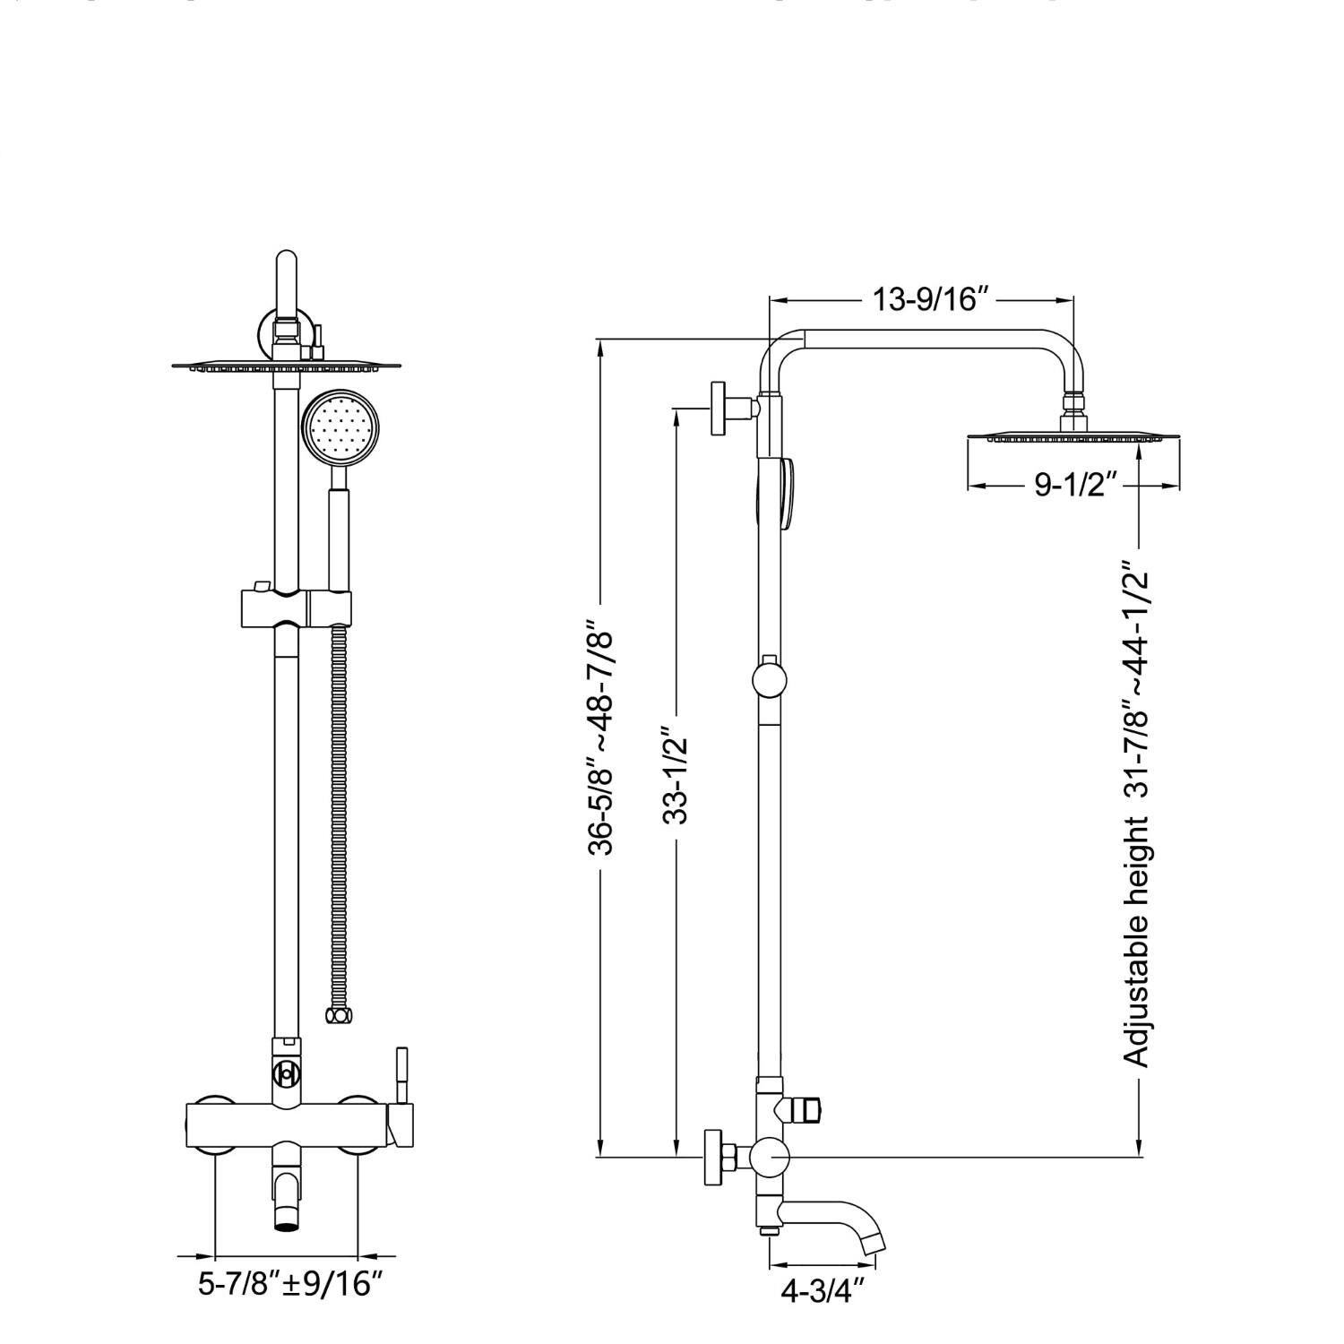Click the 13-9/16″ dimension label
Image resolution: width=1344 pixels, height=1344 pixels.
pos(923,299)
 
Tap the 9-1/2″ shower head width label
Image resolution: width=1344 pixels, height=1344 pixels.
pos(1074,486)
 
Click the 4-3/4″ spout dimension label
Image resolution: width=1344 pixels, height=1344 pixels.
pos(823,1292)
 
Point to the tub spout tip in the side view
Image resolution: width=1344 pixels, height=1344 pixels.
pos(873,1244)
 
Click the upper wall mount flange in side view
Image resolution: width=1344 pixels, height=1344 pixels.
pos(719,409)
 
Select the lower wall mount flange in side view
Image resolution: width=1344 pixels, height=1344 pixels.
pos(714,1158)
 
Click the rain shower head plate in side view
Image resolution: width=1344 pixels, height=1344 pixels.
pos(1072,438)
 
